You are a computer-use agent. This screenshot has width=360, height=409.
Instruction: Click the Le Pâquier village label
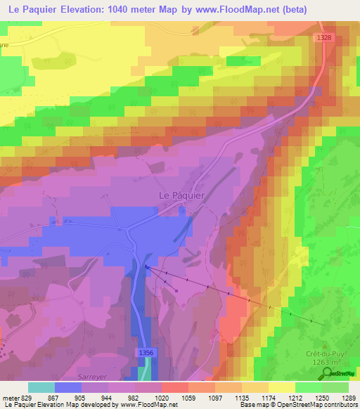coord(179,196)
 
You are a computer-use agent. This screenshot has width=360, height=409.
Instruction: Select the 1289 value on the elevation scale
coord(349,398)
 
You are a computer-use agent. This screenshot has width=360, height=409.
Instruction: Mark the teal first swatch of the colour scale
coord(41,387)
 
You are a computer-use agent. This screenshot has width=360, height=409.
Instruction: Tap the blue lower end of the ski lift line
coord(148,267)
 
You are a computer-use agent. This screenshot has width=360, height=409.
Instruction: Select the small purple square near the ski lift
coord(176,290)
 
